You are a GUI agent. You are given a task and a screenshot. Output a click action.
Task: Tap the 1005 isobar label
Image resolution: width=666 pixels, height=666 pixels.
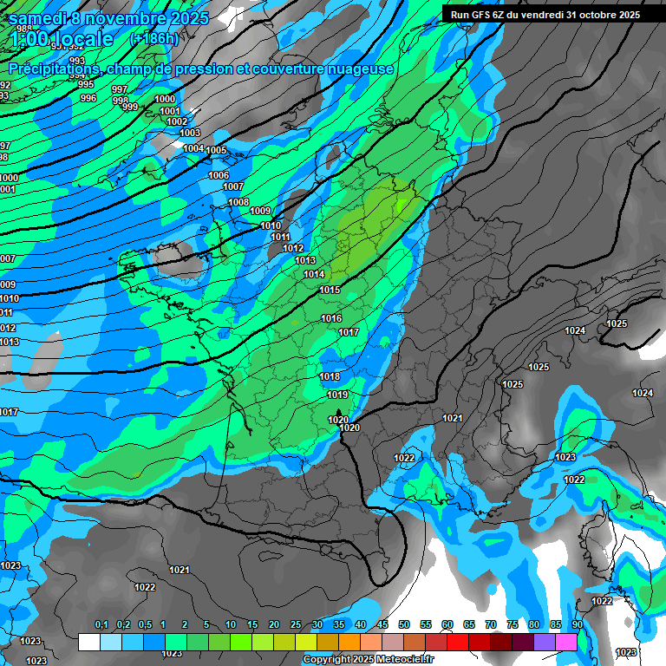(216, 150)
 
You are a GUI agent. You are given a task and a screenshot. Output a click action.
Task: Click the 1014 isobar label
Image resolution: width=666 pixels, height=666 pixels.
(314, 274)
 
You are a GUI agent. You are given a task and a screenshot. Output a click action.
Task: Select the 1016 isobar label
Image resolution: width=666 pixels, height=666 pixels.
(331, 318)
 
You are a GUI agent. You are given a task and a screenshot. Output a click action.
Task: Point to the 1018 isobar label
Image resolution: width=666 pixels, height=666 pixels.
(330, 376)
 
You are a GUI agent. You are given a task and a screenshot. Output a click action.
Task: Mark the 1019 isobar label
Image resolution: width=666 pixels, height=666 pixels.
(337, 395)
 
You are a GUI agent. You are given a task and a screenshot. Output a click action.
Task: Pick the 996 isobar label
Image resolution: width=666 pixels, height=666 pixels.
(88, 98)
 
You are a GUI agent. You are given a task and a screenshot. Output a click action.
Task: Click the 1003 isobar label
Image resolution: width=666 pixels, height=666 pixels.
(190, 133)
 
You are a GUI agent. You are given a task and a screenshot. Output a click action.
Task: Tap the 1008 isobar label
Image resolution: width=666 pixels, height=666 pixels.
(238, 202)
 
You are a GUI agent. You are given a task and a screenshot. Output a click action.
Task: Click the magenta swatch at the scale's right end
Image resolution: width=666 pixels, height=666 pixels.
(566, 642)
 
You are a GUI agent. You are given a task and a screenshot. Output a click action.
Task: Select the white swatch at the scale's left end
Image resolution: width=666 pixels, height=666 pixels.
(88, 642)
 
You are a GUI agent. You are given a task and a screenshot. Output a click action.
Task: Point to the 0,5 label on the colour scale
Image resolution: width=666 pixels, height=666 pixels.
(144, 625)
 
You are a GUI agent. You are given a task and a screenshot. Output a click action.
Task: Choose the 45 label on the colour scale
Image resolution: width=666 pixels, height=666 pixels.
(382, 625)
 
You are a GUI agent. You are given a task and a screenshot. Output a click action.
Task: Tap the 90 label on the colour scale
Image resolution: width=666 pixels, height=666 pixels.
(577, 625)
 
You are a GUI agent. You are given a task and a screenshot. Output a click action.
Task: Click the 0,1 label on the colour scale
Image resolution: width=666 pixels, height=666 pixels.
(101, 625)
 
